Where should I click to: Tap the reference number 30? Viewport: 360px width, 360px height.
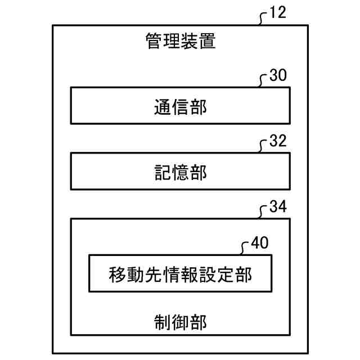tap(278, 76)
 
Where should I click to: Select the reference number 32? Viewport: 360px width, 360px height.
tap(278, 141)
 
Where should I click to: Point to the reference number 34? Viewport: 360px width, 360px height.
tap(278, 206)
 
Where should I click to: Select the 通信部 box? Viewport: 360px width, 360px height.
tap(180, 105)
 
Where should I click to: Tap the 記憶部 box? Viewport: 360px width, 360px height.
tap(180, 172)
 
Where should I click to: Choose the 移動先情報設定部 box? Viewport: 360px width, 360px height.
tap(180, 274)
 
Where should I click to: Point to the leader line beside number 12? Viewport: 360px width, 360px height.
tap(263, 19)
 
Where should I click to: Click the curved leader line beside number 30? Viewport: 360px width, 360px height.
tap(263, 82)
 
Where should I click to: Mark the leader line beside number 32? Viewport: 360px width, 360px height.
tap(263, 147)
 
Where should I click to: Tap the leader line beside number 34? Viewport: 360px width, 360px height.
tap(263, 213)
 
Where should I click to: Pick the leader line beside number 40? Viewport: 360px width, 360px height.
tap(245, 249)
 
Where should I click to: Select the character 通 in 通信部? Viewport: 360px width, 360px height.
tap(162, 106)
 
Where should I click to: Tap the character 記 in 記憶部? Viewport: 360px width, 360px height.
tap(162, 173)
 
